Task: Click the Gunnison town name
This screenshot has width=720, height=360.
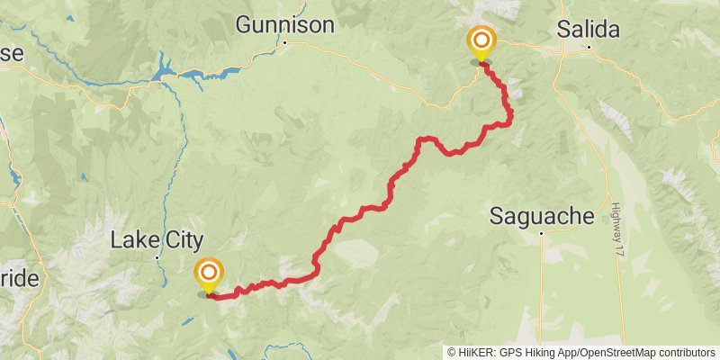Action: pos(284,24)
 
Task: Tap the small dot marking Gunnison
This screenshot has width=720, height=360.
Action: pos(284,42)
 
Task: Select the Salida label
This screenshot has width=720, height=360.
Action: pos(589,29)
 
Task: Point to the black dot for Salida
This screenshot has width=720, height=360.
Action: pos(589,47)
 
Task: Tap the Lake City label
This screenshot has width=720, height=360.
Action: pos(157,239)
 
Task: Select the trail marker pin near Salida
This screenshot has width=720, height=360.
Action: pos(481,43)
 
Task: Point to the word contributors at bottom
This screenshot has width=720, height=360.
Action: pos(686,353)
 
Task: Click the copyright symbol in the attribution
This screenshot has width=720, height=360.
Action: pos(452,353)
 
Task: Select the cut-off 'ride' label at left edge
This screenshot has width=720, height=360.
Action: pos(18,278)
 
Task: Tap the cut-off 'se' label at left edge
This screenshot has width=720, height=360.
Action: pos(11,53)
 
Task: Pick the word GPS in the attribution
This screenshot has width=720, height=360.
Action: pos(513,353)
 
